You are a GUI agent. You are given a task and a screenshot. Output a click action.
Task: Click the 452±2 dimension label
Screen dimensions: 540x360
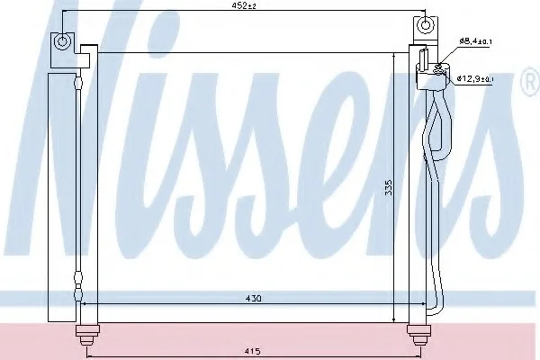(244, 5)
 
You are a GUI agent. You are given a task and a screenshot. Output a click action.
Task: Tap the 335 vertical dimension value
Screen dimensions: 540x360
(389, 187)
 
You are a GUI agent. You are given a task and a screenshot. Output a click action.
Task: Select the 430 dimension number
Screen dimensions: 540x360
(254, 298)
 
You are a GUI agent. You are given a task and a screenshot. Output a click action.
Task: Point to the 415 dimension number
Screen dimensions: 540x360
(253, 351)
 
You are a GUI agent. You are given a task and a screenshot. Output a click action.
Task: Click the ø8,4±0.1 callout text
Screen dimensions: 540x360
(475, 41)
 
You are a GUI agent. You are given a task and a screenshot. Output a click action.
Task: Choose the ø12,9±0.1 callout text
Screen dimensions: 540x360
(475, 78)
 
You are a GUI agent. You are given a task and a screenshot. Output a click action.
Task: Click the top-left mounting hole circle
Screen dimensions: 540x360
(62, 41)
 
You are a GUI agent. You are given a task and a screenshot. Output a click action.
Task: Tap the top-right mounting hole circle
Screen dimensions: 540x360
(425, 25)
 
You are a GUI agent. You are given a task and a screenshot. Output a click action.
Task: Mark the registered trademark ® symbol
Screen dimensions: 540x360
(531, 82)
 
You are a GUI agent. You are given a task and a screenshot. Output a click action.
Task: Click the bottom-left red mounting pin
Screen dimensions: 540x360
(86, 334)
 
